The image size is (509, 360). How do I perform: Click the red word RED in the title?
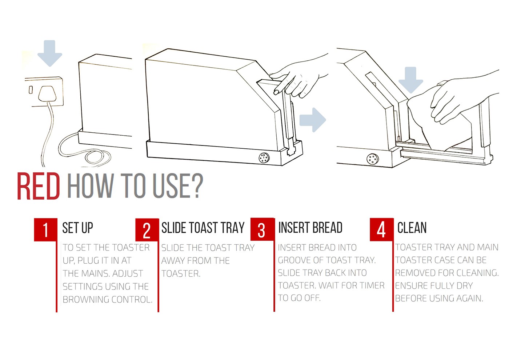pyautogui.click(x=39, y=186)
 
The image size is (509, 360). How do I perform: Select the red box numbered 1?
pyautogui.click(x=45, y=229)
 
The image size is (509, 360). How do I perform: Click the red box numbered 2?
pyautogui.click(x=147, y=230)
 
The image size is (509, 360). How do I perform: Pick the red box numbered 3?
pyautogui.click(x=262, y=229)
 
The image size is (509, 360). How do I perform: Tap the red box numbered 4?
pyautogui.click(x=381, y=229)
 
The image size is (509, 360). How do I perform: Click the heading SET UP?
pyautogui.click(x=78, y=228)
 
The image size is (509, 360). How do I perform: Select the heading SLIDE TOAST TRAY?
pyautogui.click(x=203, y=228)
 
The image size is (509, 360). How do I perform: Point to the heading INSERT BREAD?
pyautogui.click(x=310, y=228)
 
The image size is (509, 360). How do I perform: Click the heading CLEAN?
pyautogui.click(x=412, y=228)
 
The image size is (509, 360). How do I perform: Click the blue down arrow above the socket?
pyautogui.click(x=50, y=53)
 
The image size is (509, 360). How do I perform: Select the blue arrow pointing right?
pyautogui.click(x=313, y=120)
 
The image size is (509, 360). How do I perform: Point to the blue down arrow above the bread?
pyautogui.click(x=410, y=80)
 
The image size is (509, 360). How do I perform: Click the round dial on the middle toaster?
pyautogui.click(x=264, y=157)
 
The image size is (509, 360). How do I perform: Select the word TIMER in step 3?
pyautogui.click(x=373, y=285)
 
